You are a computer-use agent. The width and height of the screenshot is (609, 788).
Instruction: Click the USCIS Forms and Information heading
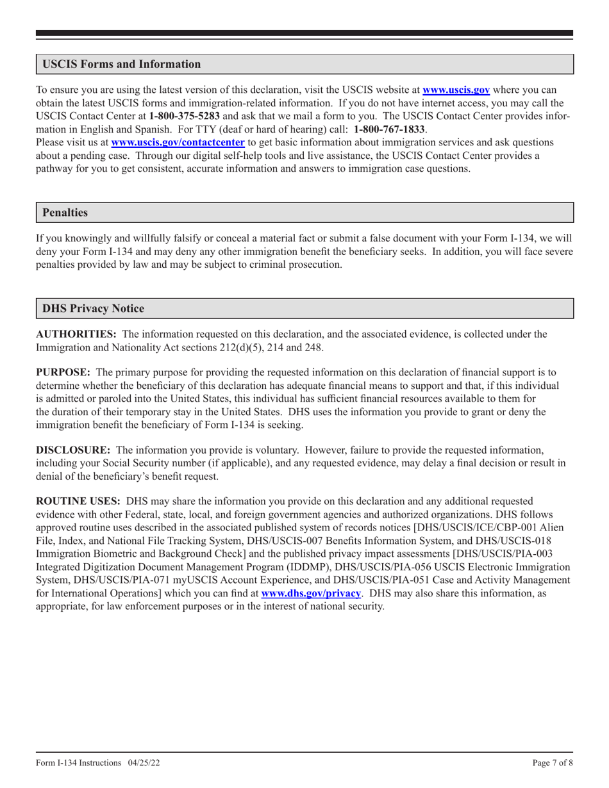pos(121,65)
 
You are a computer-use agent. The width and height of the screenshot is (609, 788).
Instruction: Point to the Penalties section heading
pos(65,211)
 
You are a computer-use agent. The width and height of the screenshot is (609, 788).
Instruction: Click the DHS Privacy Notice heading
pos(93,308)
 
